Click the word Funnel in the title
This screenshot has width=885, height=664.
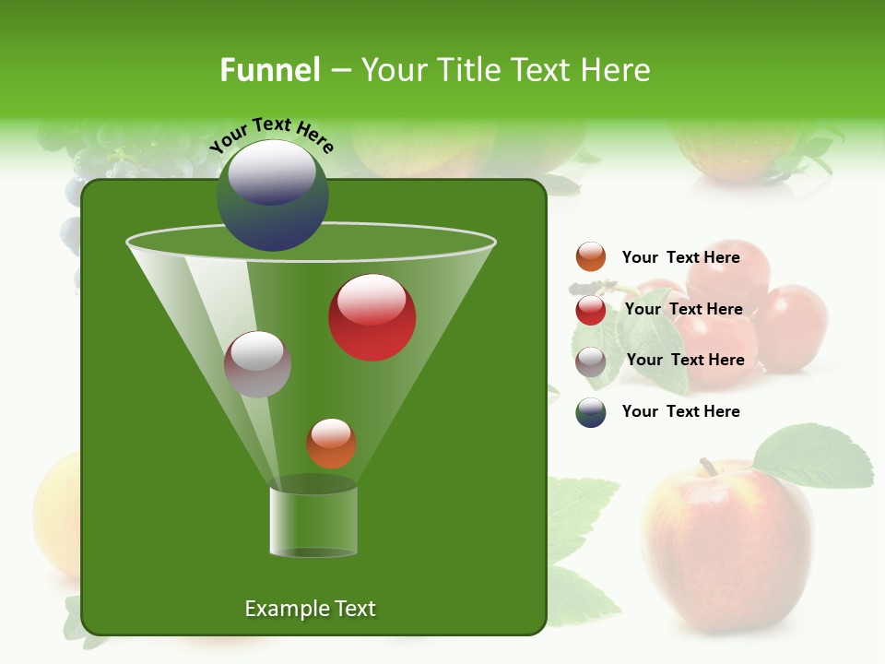point(269,70)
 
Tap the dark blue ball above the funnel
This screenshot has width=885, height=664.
point(273,196)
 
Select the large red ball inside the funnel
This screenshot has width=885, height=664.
point(372,318)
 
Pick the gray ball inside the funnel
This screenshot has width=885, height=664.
point(258,364)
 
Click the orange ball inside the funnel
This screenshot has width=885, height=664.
point(331,444)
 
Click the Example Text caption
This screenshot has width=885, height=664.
point(310,609)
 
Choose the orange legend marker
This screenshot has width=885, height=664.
point(591,257)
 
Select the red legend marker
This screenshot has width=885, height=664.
point(591,310)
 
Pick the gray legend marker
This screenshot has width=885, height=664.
point(591,362)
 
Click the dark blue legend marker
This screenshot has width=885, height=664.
point(591,412)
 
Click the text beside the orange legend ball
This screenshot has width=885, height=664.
point(680,257)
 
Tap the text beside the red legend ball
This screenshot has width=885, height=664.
point(683,309)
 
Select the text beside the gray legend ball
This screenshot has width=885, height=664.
point(685,360)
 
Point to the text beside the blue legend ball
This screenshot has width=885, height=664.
point(680,411)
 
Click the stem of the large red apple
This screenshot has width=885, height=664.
point(708,467)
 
